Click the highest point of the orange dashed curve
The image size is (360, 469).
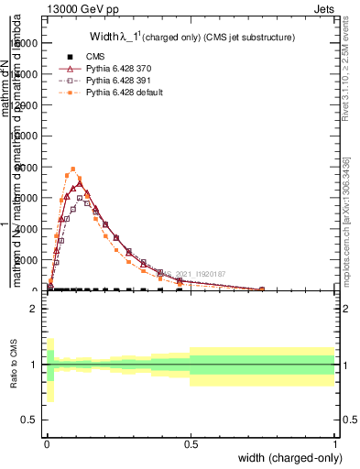73,169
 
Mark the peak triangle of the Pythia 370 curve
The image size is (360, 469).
80,183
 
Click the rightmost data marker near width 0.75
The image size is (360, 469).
262,289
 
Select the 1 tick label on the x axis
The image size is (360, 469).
334,443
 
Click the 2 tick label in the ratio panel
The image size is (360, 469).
34,309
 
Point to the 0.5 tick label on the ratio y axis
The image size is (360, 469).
29,420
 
